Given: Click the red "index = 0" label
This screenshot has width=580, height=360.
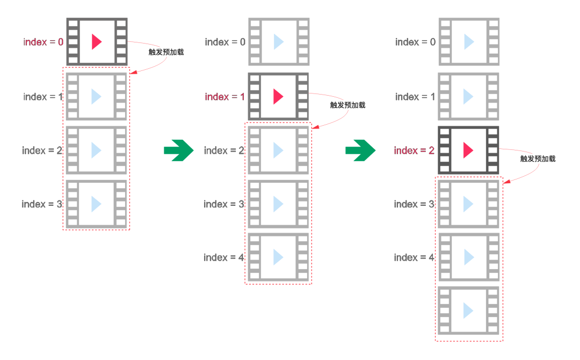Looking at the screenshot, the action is (x=44, y=42).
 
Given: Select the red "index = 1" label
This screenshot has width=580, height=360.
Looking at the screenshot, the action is (x=224, y=97).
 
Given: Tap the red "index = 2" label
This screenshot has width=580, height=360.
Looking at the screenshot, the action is (x=414, y=150).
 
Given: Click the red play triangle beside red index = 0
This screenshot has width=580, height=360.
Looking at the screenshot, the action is (x=97, y=42).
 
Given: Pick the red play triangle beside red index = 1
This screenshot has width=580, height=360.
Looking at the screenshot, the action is (x=278, y=96).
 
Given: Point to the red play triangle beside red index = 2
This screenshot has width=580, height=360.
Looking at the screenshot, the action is (x=468, y=150).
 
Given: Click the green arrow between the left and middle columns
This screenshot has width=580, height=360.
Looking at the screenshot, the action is (x=179, y=150).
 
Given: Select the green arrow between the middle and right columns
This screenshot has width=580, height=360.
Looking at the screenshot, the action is (x=360, y=150).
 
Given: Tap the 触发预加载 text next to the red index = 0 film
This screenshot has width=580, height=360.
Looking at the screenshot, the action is (x=166, y=52).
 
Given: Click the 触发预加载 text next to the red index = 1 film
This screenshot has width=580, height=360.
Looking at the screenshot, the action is (x=347, y=105).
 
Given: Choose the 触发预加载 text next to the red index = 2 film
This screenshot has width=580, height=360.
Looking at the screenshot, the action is (x=538, y=159).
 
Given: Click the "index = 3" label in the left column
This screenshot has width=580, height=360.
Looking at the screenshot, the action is (x=42, y=204).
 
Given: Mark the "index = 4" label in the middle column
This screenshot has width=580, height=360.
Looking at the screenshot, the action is (x=224, y=257).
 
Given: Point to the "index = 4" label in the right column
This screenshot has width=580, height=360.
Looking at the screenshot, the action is (x=414, y=257).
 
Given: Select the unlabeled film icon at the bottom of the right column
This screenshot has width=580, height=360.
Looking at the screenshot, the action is (x=468, y=311).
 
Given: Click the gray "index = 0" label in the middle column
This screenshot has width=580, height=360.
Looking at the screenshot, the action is (x=225, y=42).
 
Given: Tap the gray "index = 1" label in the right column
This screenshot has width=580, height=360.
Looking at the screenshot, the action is (x=415, y=97).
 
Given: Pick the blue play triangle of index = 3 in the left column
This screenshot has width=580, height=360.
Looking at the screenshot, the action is (x=96, y=204).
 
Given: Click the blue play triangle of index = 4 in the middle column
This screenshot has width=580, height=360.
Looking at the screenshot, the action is (x=278, y=257).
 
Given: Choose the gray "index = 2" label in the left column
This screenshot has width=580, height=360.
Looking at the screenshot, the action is (x=42, y=150).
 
